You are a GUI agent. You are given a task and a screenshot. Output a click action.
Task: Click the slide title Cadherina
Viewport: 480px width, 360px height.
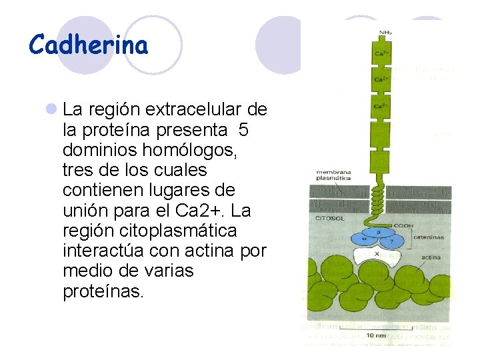point(89,45)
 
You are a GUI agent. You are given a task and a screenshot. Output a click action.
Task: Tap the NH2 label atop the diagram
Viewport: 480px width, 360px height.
point(385,33)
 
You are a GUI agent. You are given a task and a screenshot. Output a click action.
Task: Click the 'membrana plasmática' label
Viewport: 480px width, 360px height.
point(333,176)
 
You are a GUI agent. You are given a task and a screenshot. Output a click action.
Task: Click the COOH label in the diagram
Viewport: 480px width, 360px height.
point(402,225)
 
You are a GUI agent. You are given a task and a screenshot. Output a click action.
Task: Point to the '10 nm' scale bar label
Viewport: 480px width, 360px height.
point(375,335)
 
